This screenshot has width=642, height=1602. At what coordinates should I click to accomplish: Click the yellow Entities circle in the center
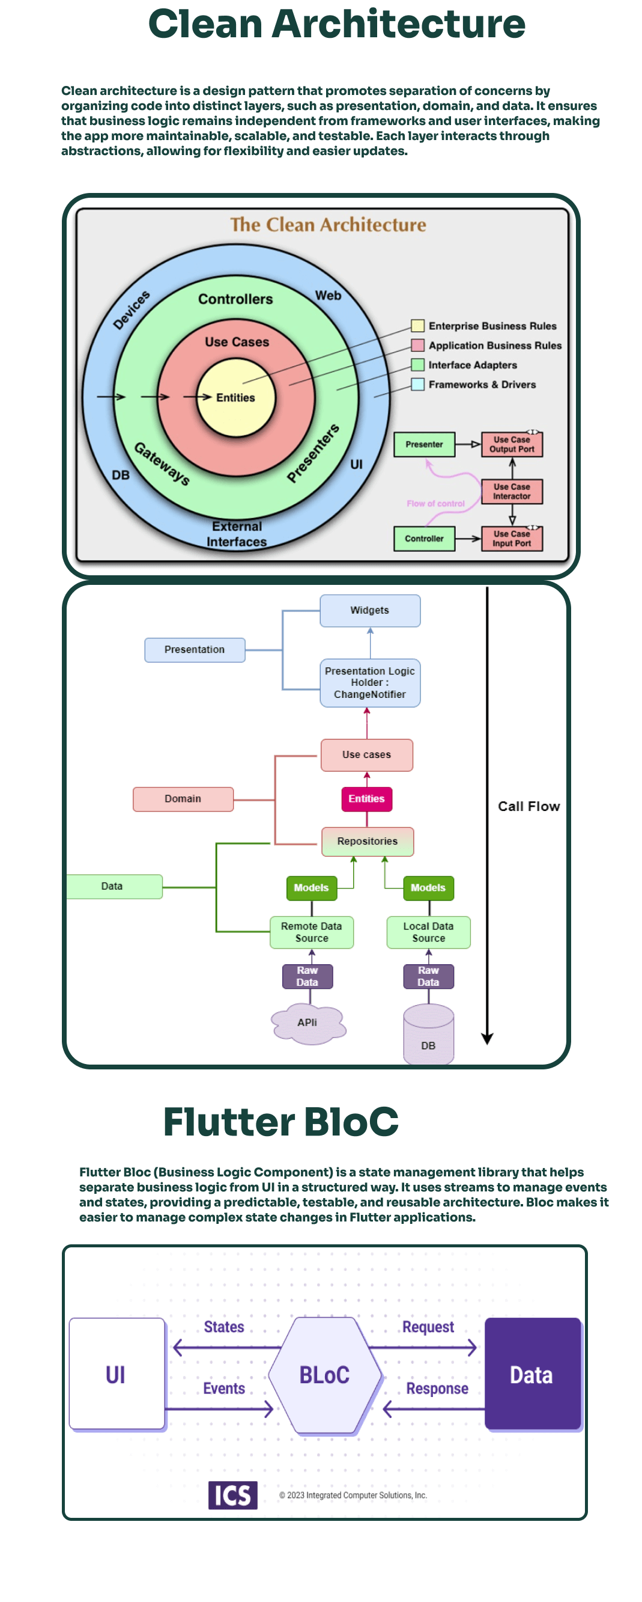[x=235, y=398]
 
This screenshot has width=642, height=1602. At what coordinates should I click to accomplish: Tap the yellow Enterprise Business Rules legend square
[x=417, y=326]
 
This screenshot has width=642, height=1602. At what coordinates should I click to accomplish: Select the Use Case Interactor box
[x=512, y=491]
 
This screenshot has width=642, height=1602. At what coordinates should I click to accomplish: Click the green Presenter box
[x=425, y=445]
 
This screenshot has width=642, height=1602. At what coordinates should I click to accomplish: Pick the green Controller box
[x=425, y=539]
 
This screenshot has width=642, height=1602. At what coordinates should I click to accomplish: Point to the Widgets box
[x=370, y=611]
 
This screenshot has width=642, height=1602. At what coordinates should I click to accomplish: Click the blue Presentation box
[x=195, y=650]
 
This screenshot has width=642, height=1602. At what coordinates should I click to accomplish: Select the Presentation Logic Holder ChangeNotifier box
[x=370, y=683]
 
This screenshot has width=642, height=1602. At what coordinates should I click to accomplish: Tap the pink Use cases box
[x=367, y=755]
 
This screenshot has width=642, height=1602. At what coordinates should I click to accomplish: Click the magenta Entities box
[x=367, y=799]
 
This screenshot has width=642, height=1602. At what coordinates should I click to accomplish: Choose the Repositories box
[x=368, y=842]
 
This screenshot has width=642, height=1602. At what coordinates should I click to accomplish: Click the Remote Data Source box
[x=311, y=932]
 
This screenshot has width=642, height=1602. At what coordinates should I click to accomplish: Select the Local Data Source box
[x=428, y=932]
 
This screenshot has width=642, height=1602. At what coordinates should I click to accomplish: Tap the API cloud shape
[x=307, y=1023]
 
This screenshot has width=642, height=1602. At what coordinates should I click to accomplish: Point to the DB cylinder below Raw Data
[x=428, y=1036]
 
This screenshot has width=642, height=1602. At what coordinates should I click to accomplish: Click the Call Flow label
[x=529, y=807]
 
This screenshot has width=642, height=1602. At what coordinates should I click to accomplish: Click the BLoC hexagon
[x=324, y=1375]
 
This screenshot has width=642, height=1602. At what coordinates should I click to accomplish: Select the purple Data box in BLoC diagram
[x=532, y=1374]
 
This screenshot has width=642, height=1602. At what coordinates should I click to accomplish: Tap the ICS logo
[x=232, y=1495]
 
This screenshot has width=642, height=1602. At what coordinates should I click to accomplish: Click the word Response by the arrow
[x=437, y=1389]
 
